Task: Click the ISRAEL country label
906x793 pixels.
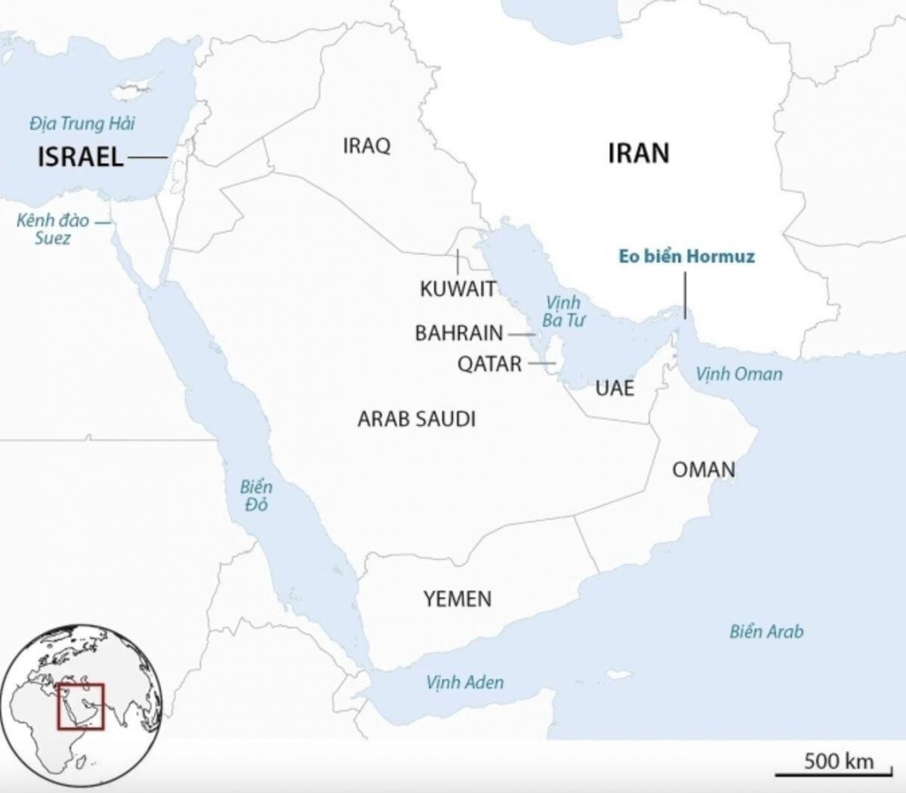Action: click(80, 157)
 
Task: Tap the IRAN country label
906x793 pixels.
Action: click(639, 153)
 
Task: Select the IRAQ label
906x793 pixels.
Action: click(367, 145)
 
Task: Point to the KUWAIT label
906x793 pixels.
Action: click(458, 289)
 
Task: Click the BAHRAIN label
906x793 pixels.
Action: click(459, 333)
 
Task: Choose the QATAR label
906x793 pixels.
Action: click(489, 364)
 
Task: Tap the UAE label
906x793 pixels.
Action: click(615, 388)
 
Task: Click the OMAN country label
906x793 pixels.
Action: click(704, 470)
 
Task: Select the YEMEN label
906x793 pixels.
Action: click(458, 599)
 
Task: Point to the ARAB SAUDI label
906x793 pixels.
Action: click(417, 419)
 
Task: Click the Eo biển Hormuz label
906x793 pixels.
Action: click(686, 256)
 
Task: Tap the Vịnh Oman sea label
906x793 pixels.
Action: click(739, 373)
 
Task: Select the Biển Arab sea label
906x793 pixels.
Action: click(766, 631)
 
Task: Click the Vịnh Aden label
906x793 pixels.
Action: click(464, 683)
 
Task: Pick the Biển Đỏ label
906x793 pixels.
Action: click(256, 495)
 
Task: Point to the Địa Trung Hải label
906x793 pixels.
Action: click(82, 123)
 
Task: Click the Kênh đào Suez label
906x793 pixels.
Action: click(53, 230)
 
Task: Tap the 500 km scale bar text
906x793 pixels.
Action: click(838, 760)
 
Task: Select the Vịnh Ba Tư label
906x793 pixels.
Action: click(563, 311)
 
